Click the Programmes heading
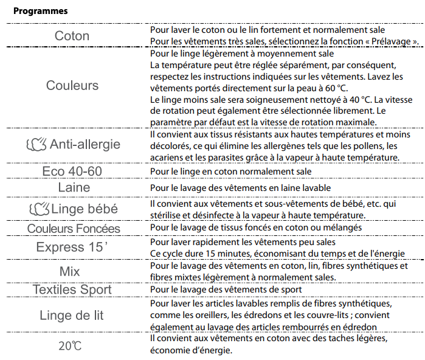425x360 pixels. point(40,11)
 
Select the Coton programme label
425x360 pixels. point(72,36)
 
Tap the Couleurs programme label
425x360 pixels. point(72,85)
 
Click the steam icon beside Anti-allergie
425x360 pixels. point(36,145)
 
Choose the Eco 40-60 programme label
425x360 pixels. point(72,171)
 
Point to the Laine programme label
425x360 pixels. point(74,187)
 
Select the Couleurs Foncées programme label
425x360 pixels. point(74,229)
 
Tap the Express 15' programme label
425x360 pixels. point(72,247)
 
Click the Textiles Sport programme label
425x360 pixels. point(72,289)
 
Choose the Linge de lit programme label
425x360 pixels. point(72,315)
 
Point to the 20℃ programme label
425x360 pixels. point(71,345)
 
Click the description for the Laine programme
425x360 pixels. point(236,187)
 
